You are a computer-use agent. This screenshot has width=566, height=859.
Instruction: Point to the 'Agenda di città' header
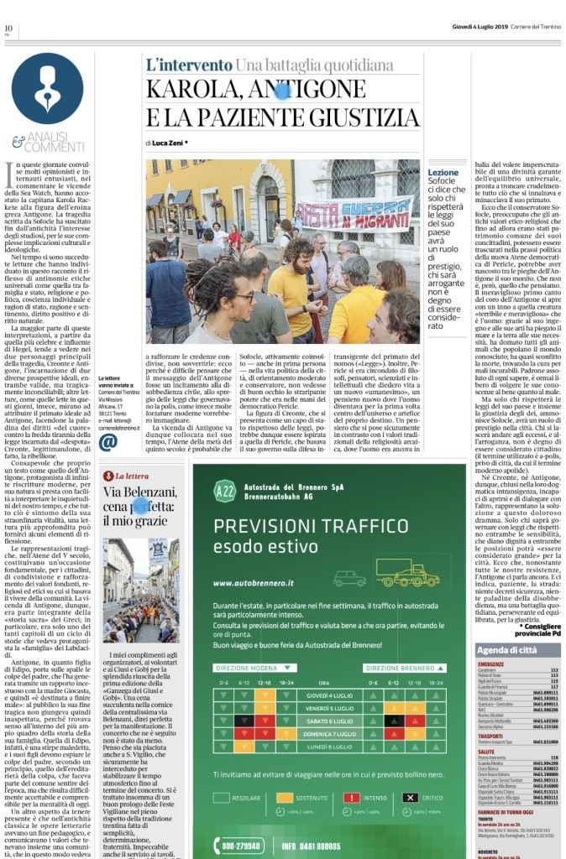(506, 650)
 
